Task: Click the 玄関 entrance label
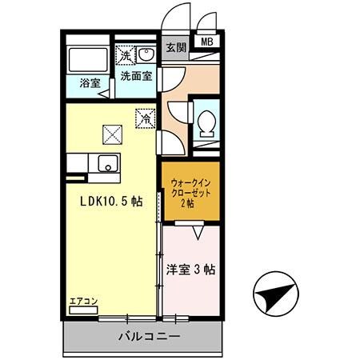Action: [176, 47]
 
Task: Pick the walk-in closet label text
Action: [190, 193]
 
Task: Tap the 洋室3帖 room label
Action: [190, 270]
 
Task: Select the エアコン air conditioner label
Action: [83, 302]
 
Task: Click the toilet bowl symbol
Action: [206, 123]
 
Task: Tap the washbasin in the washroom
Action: [147, 54]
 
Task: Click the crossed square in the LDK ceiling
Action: [110, 134]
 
